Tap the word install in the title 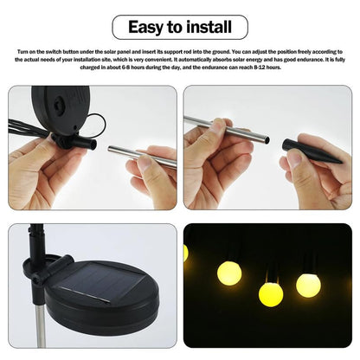(209, 27)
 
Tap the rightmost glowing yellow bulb (308, 284)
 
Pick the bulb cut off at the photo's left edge (186, 252)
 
